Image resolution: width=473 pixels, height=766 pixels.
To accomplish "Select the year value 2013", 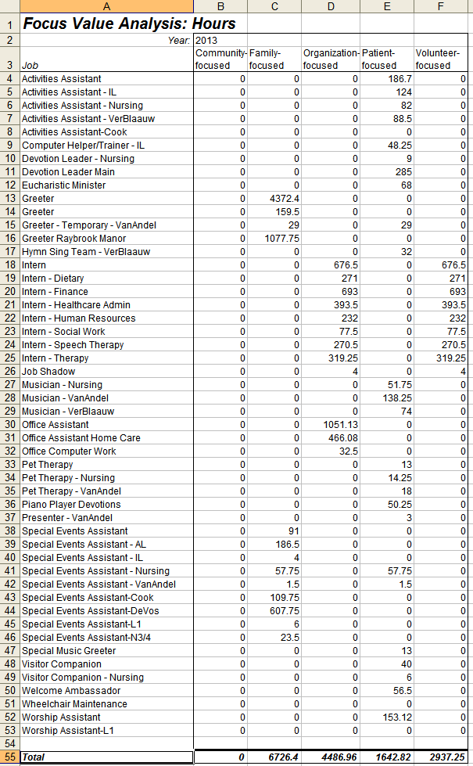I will (206, 40).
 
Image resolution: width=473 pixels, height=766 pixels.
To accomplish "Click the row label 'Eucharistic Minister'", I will (64, 185).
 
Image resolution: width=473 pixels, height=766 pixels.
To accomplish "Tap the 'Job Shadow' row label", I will (48, 372).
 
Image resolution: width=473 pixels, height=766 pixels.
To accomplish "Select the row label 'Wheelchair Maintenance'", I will (74, 704).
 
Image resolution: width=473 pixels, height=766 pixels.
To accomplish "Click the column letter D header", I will (330, 7).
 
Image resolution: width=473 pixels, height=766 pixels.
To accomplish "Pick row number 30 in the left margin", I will (9, 425).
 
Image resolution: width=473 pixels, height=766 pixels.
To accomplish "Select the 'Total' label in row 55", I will (34, 757).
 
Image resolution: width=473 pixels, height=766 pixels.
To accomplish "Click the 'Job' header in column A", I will (30, 66).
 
